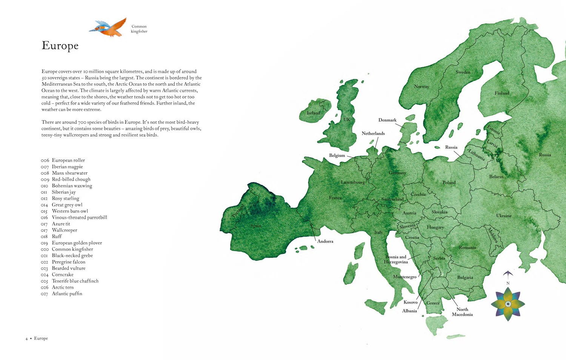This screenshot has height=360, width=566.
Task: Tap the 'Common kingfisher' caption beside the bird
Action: click(x=139, y=29)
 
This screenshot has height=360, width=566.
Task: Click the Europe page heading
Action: click(x=60, y=45)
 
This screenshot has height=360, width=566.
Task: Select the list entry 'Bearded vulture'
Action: click(x=68, y=268)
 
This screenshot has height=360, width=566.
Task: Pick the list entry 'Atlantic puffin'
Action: click(x=67, y=294)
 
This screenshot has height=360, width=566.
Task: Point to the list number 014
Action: click(x=45, y=205)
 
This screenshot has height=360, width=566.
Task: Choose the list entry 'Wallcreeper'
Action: click(x=64, y=230)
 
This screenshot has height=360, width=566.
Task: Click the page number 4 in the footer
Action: click(x=26, y=338)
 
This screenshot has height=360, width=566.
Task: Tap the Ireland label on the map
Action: click(x=313, y=113)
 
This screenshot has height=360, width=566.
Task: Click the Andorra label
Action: click(x=325, y=241)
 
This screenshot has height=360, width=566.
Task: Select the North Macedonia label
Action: click(x=462, y=312)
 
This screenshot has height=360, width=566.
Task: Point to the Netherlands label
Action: click(x=373, y=133)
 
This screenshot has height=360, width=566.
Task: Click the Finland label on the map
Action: click(x=502, y=93)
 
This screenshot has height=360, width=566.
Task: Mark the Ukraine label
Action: click(x=504, y=216)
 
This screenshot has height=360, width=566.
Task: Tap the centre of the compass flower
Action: click(x=508, y=304)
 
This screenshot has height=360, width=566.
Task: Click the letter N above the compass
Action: click(x=508, y=283)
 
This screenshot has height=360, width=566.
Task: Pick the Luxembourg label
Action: click(x=352, y=182)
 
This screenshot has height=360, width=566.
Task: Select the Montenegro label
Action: click(x=405, y=277)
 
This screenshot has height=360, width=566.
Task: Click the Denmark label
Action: click(x=387, y=120)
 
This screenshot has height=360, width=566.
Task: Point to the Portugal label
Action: click(x=238, y=211)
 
